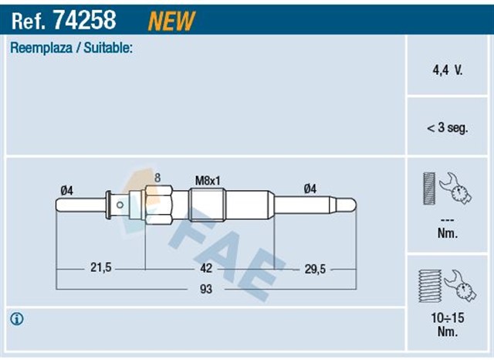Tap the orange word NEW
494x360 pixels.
(x=171, y=20)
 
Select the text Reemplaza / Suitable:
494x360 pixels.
(x=71, y=49)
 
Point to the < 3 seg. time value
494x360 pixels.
(x=446, y=129)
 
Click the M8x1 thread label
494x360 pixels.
(x=208, y=179)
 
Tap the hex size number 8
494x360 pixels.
(x=157, y=178)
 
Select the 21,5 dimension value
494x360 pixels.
(x=101, y=268)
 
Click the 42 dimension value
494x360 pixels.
(x=205, y=268)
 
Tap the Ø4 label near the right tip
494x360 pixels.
(x=310, y=188)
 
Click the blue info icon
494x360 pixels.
(x=17, y=318)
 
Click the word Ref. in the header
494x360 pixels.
(x=25, y=20)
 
